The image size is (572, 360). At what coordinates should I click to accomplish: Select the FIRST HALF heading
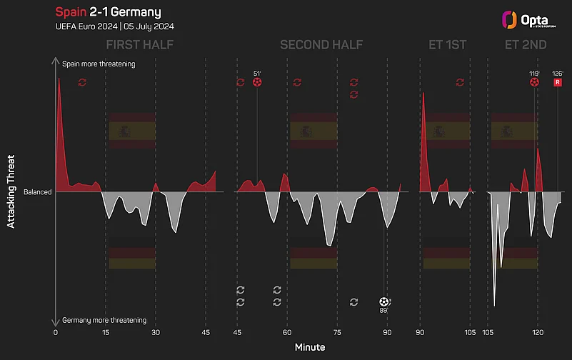click(x=140, y=46)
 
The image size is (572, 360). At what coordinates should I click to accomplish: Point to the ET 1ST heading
click(x=447, y=46)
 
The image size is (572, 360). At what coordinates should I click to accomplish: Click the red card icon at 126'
click(x=558, y=83)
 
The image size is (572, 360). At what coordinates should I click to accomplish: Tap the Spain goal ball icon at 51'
click(x=257, y=83)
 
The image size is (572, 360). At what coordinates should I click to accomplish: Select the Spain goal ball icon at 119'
click(x=534, y=83)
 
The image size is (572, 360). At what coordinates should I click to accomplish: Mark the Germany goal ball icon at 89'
click(x=385, y=302)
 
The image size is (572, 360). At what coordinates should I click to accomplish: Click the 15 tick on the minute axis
click(x=106, y=332)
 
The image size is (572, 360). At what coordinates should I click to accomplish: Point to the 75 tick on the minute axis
click(x=336, y=332)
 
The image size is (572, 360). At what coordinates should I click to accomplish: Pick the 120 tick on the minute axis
click(x=538, y=332)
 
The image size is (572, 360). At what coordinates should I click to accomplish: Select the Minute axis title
click(x=310, y=347)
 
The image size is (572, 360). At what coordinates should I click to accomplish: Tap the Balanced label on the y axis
click(x=37, y=192)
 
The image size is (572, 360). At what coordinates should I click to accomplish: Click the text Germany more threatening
click(x=104, y=320)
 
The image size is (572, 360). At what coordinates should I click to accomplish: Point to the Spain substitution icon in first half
click(x=82, y=83)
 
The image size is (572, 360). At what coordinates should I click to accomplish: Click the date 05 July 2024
click(x=149, y=26)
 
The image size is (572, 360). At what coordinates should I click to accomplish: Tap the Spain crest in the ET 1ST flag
click(x=438, y=131)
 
